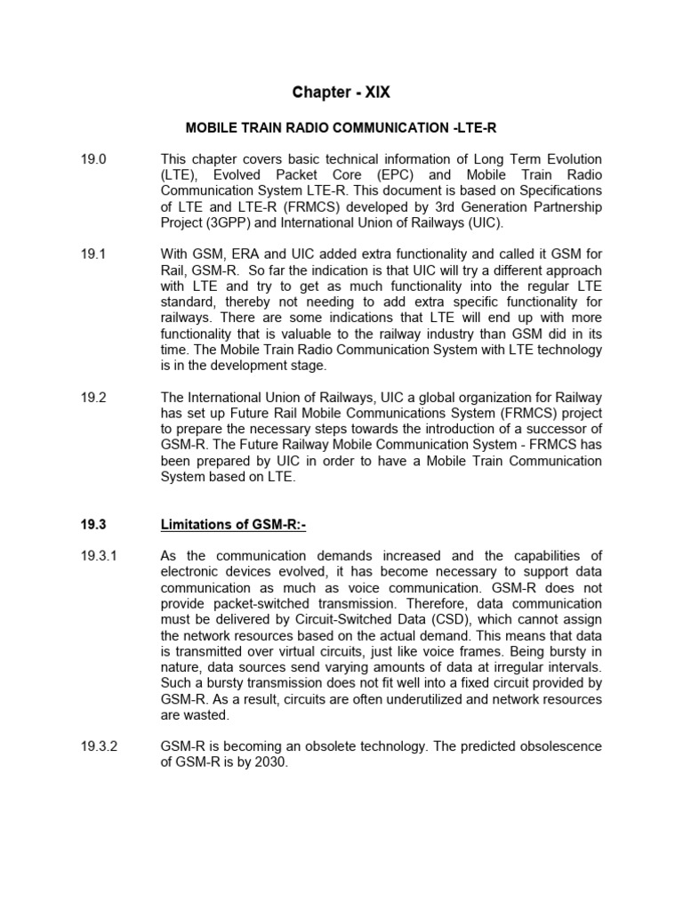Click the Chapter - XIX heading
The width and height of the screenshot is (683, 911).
pyautogui.click(x=341, y=92)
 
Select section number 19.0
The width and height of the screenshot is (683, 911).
pyautogui.click(x=92, y=159)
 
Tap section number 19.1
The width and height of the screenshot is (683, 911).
pyautogui.click(x=92, y=254)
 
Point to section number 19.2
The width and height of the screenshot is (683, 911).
pyautogui.click(x=92, y=398)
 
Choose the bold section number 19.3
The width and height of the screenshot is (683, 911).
pyautogui.click(x=92, y=526)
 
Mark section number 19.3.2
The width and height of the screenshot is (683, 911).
pyautogui.click(x=98, y=746)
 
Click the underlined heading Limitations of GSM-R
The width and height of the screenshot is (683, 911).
pyautogui.click(x=233, y=526)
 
